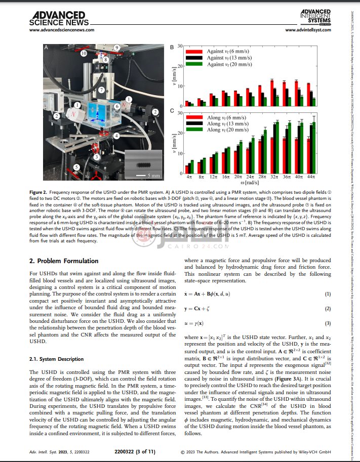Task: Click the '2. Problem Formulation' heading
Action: click(x=64, y=261)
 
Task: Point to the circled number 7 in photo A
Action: click(x=101, y=90)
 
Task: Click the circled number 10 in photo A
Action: click(x=84, y=53)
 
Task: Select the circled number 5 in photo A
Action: click(x=76, y=166)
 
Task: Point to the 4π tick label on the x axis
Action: click(x=189, y=178)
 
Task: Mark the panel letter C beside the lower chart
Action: click(x=172, y=111)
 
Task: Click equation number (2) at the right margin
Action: click(x=328, y=309)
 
